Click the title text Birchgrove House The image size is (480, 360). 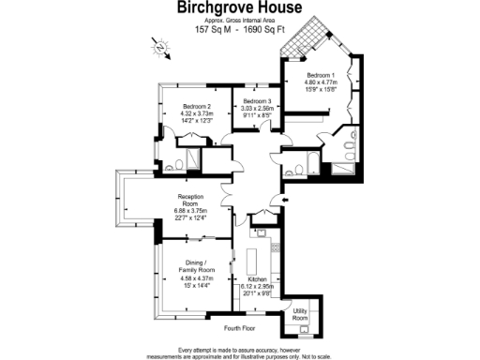click(x=239, y=8)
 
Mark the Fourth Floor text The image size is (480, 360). click(x=239, y=328)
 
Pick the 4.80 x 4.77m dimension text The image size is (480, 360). click(x=320, y=82)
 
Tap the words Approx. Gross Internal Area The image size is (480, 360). click(x=239, y=20)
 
